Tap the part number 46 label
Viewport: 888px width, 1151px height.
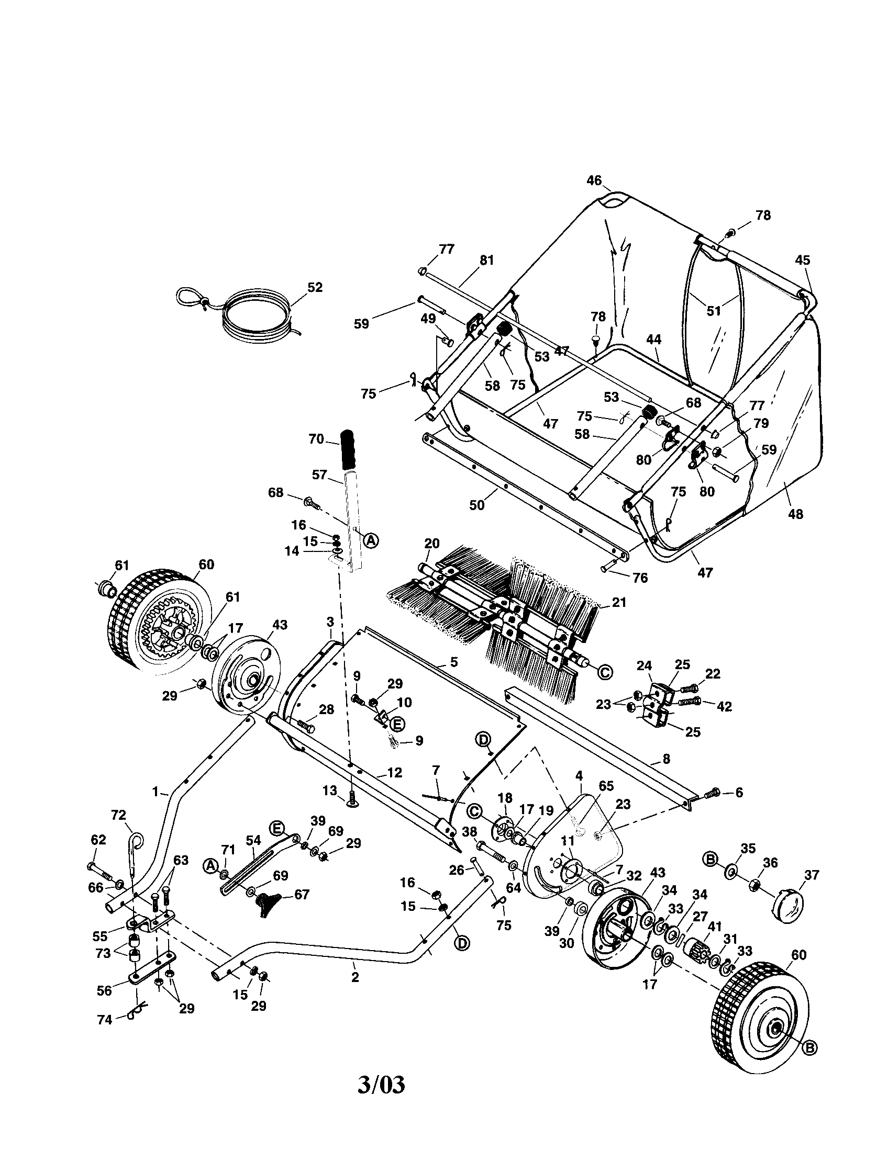(x=594, y=181)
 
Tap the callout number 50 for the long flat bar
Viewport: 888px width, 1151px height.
(x=476, y=505)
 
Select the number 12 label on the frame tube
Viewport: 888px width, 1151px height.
(x=394, y=773)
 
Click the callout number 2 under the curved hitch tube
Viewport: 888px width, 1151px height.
(x=355, y=977)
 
